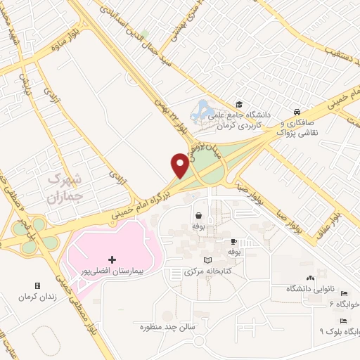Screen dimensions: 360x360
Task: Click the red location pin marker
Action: [180, 165]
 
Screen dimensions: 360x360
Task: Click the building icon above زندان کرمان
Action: [37, 286]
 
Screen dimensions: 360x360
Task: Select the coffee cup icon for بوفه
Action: [234, 240]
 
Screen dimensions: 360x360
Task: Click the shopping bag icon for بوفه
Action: [199, 216]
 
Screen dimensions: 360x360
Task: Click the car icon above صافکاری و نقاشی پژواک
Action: [297, 112]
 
